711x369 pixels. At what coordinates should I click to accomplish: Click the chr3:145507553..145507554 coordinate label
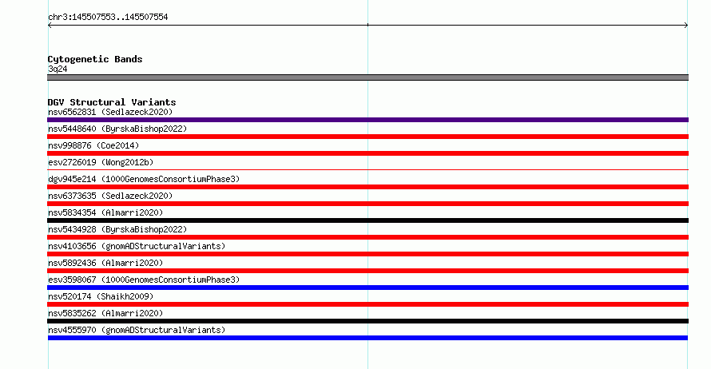pyautogui.click(x=108, y=17)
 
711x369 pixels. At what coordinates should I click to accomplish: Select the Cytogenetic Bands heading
pyautogui.click(x=95, y=59)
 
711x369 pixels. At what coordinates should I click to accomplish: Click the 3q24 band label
pyautogui.click(x=58, y=69)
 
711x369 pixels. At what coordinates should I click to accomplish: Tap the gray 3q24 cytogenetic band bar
pyautogui.click(x=367, y=77)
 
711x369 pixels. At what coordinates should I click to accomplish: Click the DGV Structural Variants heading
pyautogui.click(x=112, y=102)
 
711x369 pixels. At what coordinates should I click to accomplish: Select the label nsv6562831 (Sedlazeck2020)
pyautogui.click(x=110, y=112)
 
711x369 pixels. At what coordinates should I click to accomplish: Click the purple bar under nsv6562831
pyautogui.click(x=367, y=120)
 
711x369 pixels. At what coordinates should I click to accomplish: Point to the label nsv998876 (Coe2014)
pyautogui.click(x=93, y=145)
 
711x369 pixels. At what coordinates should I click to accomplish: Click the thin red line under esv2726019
pyautogui.click(x=367, y=170)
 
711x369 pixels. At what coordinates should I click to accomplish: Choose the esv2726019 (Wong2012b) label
pyautogui.click(x=101, y=162)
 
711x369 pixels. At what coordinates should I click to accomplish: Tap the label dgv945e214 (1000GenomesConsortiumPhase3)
pyautogui.click(x=144, y=179)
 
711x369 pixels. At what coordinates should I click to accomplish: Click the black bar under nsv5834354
pyautogui.click(x=367, y=220)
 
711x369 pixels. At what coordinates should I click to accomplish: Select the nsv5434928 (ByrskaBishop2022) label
pyautogui.click(x=117, y=229)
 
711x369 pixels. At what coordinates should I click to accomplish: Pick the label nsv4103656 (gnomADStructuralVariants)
pyautogui.click(x=137, y=246)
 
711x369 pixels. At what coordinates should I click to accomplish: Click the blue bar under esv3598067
pyautogui.click(x=367, y=288)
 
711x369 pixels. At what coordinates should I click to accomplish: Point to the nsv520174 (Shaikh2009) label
pyautogui.click(x=101, y=296)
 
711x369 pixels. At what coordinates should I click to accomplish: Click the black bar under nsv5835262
pyautogui.click(x=367, y=321)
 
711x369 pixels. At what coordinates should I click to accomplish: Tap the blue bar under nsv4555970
pyautogui.click(x=367, y=338)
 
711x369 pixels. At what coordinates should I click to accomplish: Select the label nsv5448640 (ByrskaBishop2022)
pyautogui.click(x=117, y=129)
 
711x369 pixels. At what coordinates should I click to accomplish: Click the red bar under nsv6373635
pyautogui.click(x=367, y=204)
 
